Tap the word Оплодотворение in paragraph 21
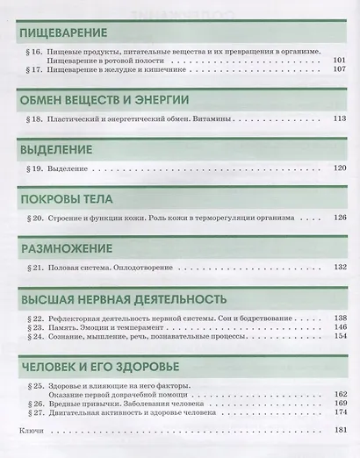click(147, 266)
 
